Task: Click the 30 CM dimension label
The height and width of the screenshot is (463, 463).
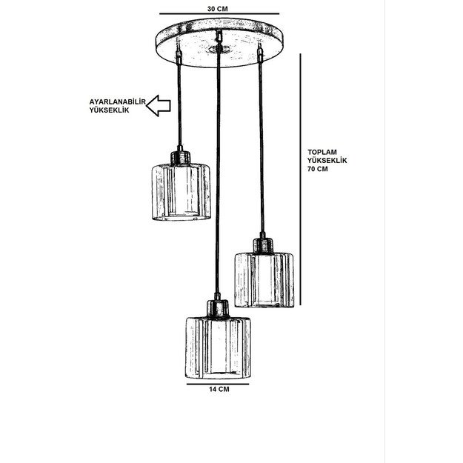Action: tap(217, 9)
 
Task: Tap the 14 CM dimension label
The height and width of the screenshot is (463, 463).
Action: tap(219, 389)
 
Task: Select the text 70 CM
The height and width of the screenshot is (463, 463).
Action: tap(318, 169)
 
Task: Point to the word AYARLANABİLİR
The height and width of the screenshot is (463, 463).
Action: tap(118, 102)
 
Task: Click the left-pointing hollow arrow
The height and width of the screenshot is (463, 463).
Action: tap(159, 105)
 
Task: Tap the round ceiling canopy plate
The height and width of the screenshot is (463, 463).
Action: tap(219, 43)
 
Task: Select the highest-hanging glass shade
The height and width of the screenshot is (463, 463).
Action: tap(181, 192)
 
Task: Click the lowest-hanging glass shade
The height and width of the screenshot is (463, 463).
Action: tap(219, 348)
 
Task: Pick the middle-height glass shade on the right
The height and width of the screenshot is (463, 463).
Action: tap(264, 280)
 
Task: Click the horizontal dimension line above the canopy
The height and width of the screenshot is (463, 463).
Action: tap(219, 13)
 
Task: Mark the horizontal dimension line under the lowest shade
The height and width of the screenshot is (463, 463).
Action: tap(218, 384)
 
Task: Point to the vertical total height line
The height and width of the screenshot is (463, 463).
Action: tap(300, 179)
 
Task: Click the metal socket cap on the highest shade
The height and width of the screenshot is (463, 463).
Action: tap(180, 157)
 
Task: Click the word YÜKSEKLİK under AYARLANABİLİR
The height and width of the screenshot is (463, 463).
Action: tap(110, 110)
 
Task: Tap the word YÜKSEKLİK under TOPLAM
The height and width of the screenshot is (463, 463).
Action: tap(327, 161)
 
